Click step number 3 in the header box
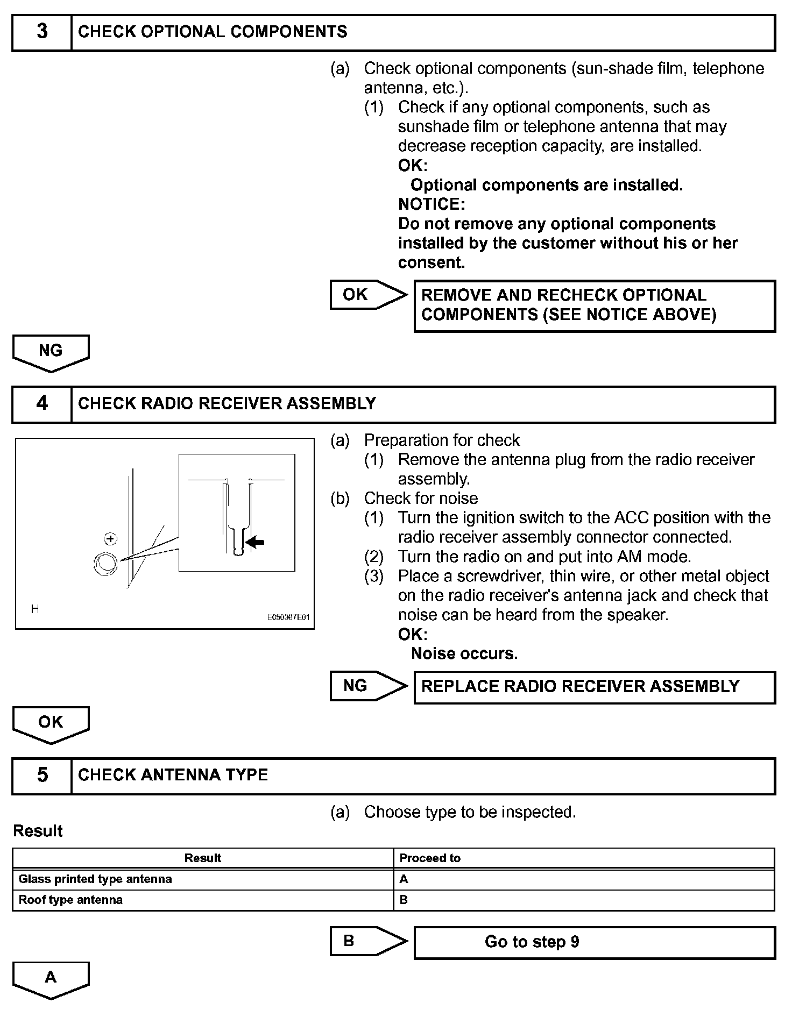click(x=42, y=32)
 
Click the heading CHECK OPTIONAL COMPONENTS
click(x=213, y=32)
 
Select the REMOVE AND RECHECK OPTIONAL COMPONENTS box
click(x=594, y=305)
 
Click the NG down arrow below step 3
click(x=51, y=352)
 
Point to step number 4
click(x=42, y=403)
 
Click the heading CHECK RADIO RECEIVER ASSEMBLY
click(x=227, y=403)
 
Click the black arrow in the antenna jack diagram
click(x=256, y=542)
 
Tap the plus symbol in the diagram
click(x=110, y=538)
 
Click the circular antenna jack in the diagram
click(x=105, y=563)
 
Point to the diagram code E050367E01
click(x=288, y=617)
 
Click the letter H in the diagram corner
click(x=35, y=609)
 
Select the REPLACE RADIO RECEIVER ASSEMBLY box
click(x=594, y=687)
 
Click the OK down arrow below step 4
click(x=51, y=723)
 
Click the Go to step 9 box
click(x=594, y=942)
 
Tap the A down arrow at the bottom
click(x=51, y=978)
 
